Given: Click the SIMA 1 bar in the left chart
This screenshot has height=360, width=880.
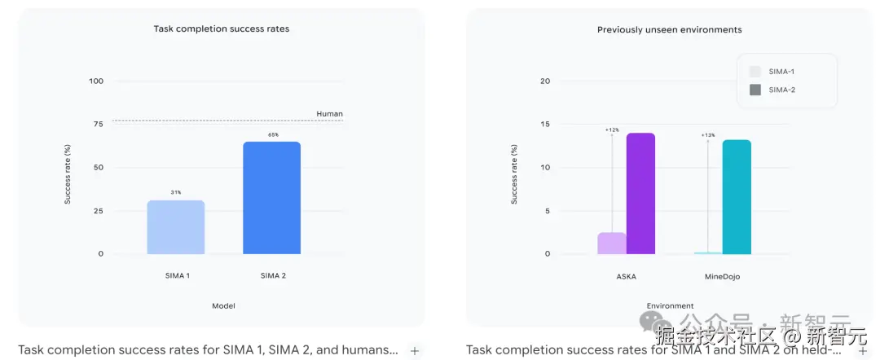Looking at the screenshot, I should [x=176, y=227].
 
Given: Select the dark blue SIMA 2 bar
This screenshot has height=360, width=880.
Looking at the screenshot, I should [x=271, y=198].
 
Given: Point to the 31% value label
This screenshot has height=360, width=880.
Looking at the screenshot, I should [x=176, y=193].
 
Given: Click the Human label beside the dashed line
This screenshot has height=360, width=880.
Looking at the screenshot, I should [x=329, y=114].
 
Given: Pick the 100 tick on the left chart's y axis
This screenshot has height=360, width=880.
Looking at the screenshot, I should [x=97, y=81].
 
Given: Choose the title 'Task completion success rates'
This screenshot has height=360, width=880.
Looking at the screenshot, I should [x=222, y=29].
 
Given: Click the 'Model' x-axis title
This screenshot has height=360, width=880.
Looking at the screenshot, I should [x=223, y=306].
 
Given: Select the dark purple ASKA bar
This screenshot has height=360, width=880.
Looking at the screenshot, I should [x=640, y=193].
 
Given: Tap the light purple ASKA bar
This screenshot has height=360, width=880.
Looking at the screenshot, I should [x=612, y=244].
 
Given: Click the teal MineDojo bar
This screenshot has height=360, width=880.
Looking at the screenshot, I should [x=737, y=196].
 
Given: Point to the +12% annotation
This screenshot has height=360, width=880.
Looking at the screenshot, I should [x=612, y=130].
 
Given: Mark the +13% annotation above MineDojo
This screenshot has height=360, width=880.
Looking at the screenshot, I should [x=707, y=135].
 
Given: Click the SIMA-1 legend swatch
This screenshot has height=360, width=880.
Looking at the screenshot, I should [x=755, y=72].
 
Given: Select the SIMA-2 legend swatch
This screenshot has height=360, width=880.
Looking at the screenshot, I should [x=755, y=90].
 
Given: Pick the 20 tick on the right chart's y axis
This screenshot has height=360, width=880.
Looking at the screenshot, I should [x=546, y=81].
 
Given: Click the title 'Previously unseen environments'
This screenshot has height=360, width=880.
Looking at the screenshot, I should [x=669, y=30].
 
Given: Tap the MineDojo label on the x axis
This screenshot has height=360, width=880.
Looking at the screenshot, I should [x=722, y=276].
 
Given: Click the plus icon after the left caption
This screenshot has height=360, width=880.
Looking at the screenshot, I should [x=415, y=351].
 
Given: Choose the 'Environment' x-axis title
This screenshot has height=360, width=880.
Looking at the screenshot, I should [x=671, y=306].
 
